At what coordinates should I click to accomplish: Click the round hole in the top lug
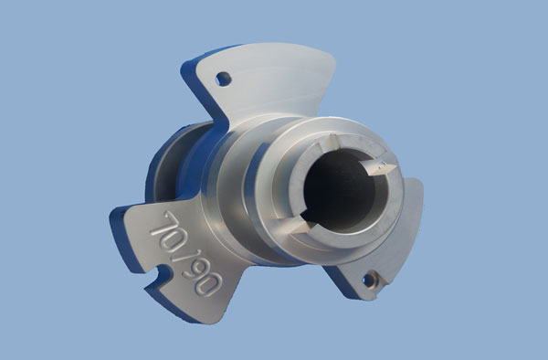(224, 79)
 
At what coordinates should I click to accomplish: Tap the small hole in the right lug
(370, 280)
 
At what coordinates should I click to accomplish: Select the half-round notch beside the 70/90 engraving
(162, 275)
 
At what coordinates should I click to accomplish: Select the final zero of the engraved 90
(209, 283)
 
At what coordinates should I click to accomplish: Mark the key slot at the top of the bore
(330, 143)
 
